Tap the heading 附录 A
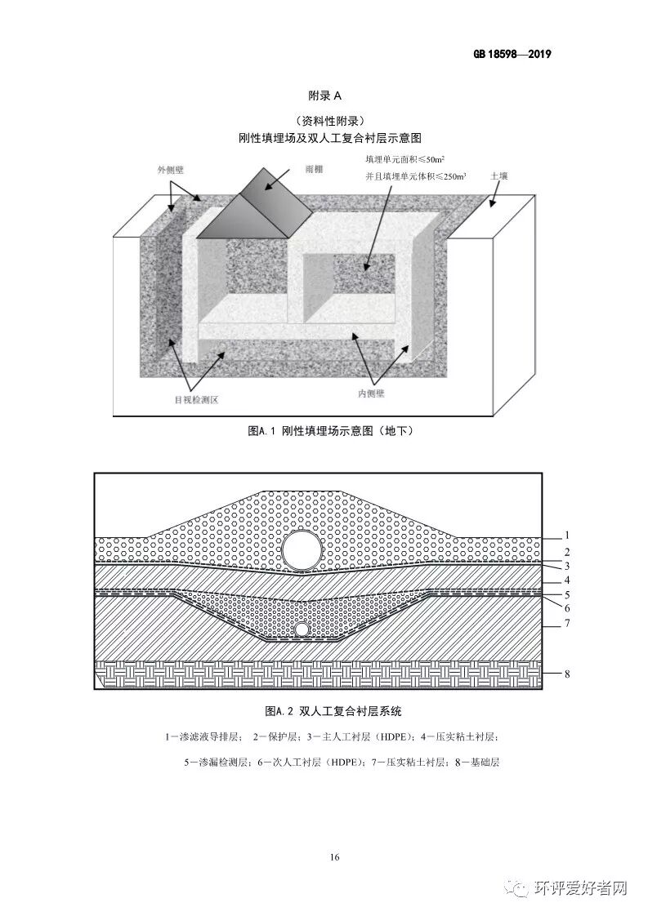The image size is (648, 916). (324, 96)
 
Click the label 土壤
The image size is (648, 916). (499, 176)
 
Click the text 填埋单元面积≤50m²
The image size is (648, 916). (410, 158)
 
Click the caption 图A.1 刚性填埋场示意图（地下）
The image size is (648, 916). (324, 430)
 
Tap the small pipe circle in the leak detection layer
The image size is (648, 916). (302, 630)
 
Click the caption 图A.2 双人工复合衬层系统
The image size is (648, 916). (324, 710)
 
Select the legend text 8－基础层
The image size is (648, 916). (473, 763)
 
